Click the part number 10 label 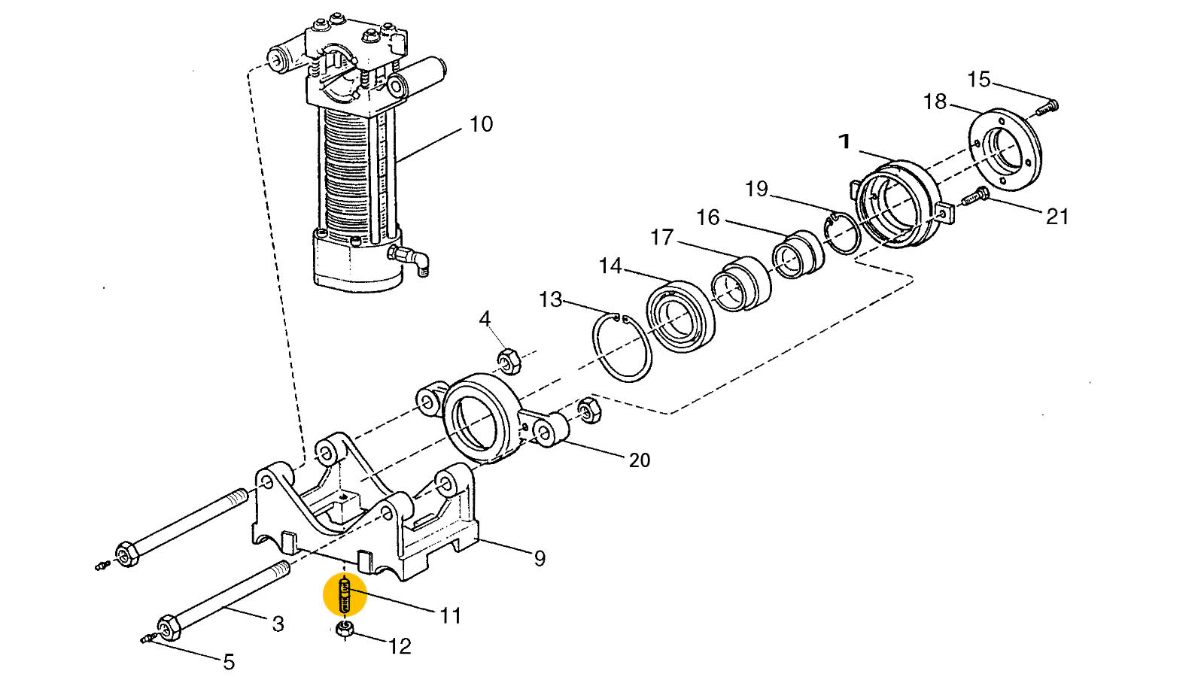(x=481, y=124)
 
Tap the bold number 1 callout (x=844, y=141)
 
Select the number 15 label (x=978, y=80)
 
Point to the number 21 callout (x=1057, y=217)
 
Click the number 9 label (x=540, y=559)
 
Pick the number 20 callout (x=639, y=460)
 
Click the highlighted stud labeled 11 (x=345, y=594)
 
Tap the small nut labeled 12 (x=345, y=630)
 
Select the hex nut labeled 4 (x=509, y=362)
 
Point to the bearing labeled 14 (x=680, y=316)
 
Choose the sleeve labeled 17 (x=741, y=284)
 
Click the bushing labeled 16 (x=799, y=254)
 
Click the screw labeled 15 (x=1045, y=108)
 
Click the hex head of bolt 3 (x=166, y=627)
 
